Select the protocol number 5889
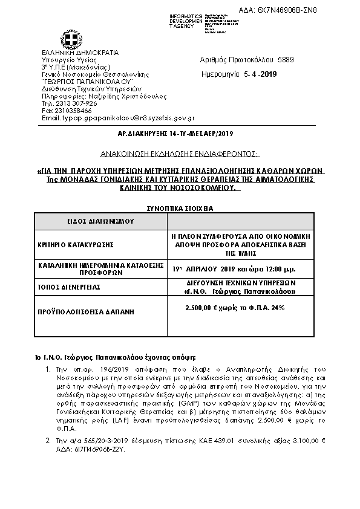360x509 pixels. click(286, 60)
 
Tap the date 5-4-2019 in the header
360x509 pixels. click(260, 75)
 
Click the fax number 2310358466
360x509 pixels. click(72, 111)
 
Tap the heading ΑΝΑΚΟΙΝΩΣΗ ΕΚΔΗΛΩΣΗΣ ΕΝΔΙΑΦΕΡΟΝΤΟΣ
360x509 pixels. click(180, 154)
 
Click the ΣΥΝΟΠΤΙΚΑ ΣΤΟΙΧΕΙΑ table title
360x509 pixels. click(180, 209)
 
